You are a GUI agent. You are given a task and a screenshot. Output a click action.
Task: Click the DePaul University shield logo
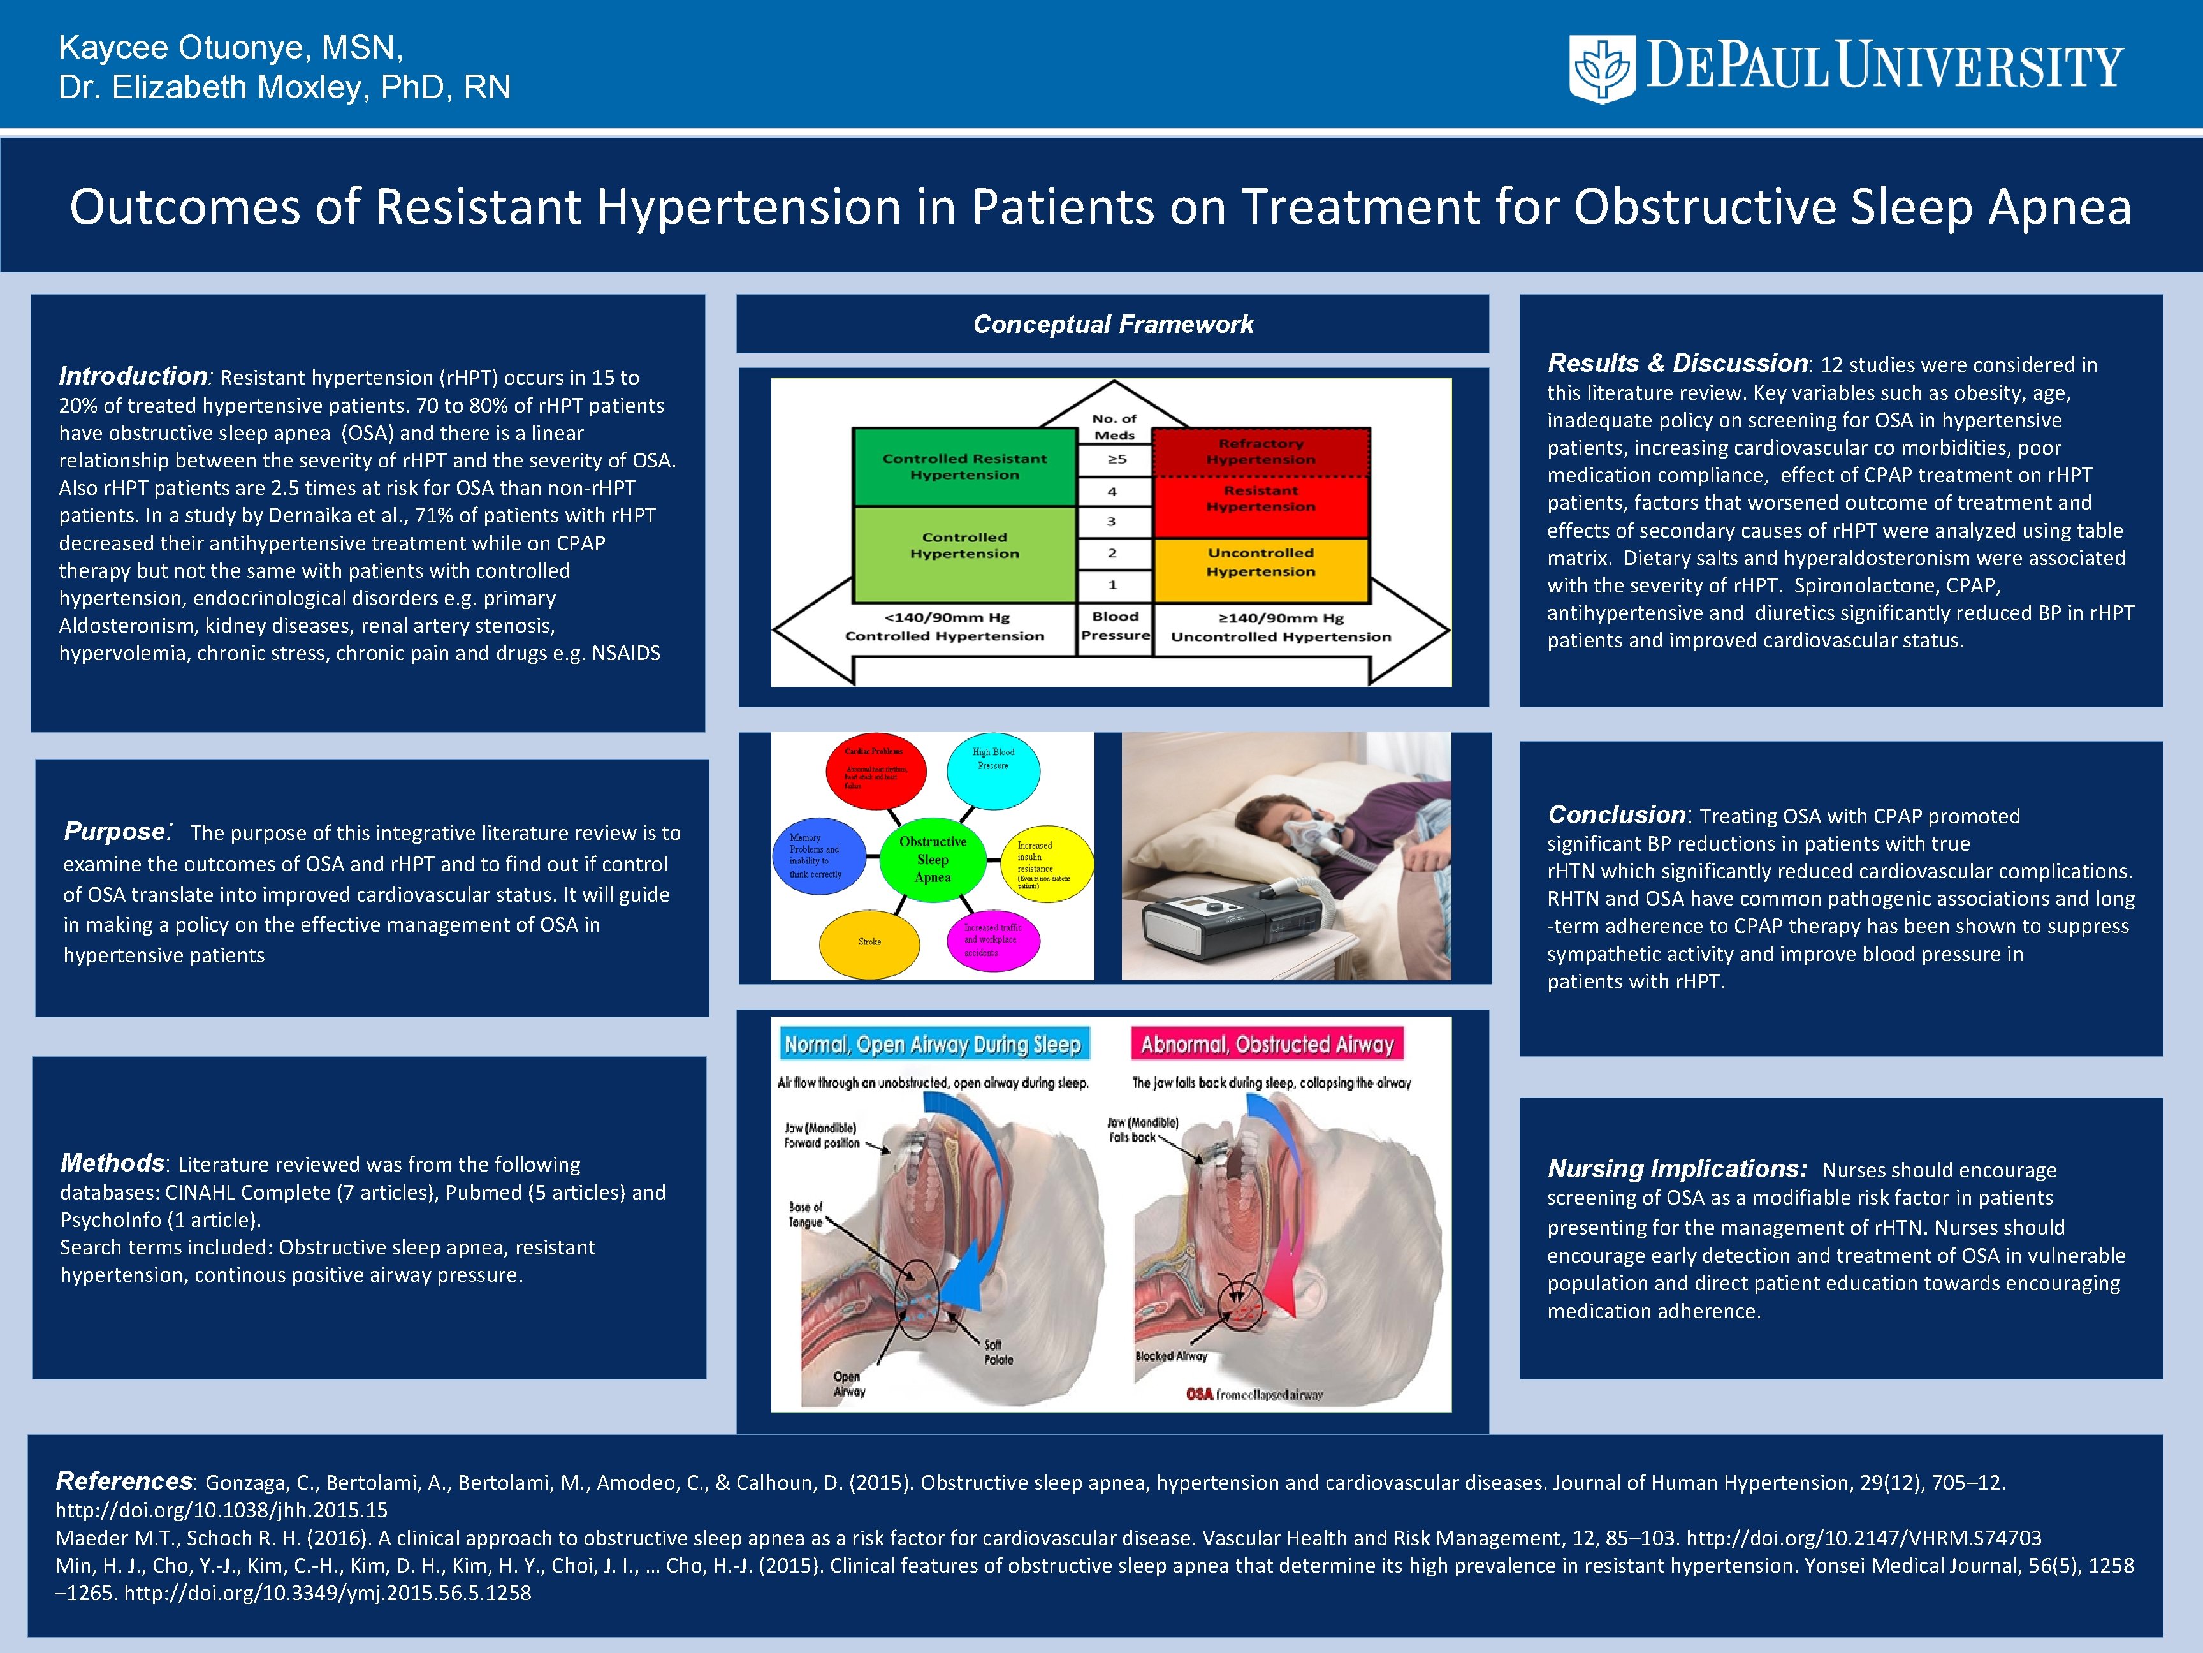[x=1601, y=68]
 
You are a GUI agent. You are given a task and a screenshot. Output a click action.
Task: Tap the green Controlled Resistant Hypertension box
[x=964, y=466]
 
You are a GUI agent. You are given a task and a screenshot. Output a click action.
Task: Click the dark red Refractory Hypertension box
[x=1261, y=452]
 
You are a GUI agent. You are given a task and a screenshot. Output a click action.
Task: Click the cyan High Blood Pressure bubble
[x=993, y=768]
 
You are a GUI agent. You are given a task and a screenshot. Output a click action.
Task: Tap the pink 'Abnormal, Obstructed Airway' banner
[x=1267, y=1044]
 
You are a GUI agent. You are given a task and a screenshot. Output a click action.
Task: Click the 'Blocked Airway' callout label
[x=1171, y=1356]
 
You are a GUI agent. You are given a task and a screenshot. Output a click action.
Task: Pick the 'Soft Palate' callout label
[x=998, y=1352]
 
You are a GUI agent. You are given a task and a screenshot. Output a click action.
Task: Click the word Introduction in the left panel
[x=133, y=377]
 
